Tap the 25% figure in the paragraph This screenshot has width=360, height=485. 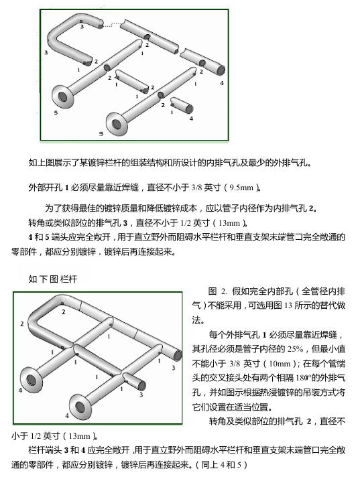click(295, 349)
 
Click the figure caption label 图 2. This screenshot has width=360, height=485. click(218, 291)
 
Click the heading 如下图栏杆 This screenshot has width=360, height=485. click(52, 279)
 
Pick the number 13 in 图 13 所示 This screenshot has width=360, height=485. click(288, 305)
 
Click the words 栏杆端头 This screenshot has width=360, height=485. click(45, 450)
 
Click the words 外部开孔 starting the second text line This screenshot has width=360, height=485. click(45, 188)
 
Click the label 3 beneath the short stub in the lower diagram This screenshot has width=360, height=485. click(141, 395)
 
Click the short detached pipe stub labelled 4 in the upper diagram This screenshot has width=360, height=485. click(182, 105)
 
